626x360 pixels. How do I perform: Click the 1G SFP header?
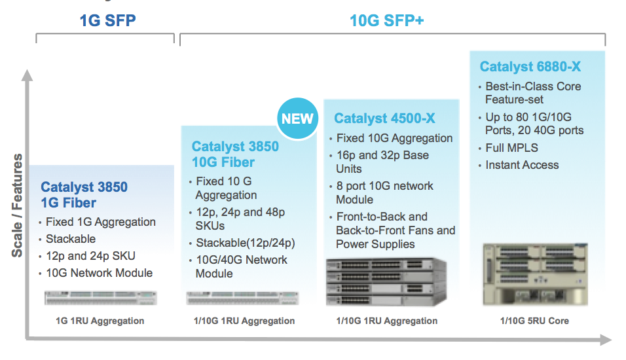click(x=108, y=20)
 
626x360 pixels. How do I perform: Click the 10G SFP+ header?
click(x=386, y=20)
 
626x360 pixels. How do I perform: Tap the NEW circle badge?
click(x=297, y=118)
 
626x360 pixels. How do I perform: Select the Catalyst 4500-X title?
click(x=384, y=118)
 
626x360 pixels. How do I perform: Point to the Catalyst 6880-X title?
click(x=530, y=66)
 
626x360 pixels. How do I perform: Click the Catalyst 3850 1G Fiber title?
click(x=84, y=195)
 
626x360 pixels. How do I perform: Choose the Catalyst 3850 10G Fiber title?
click(x=235, y=154)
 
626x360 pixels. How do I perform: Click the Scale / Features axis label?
click(x=17, y=205)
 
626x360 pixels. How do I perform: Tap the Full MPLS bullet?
click(x=511, y=148)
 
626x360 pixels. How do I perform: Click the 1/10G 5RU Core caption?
click(x=534, y=321)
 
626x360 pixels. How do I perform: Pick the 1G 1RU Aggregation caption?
click(x=100, y=321)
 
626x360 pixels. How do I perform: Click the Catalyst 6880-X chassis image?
click(x=536, y=274)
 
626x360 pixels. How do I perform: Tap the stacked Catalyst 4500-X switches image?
click(x=386, y=281)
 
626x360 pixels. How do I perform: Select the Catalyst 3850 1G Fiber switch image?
click(x=101, y=298)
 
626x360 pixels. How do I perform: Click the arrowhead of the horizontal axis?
click(x=606, y=340)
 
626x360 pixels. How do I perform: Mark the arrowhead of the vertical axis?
click(x=27, y=75)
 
